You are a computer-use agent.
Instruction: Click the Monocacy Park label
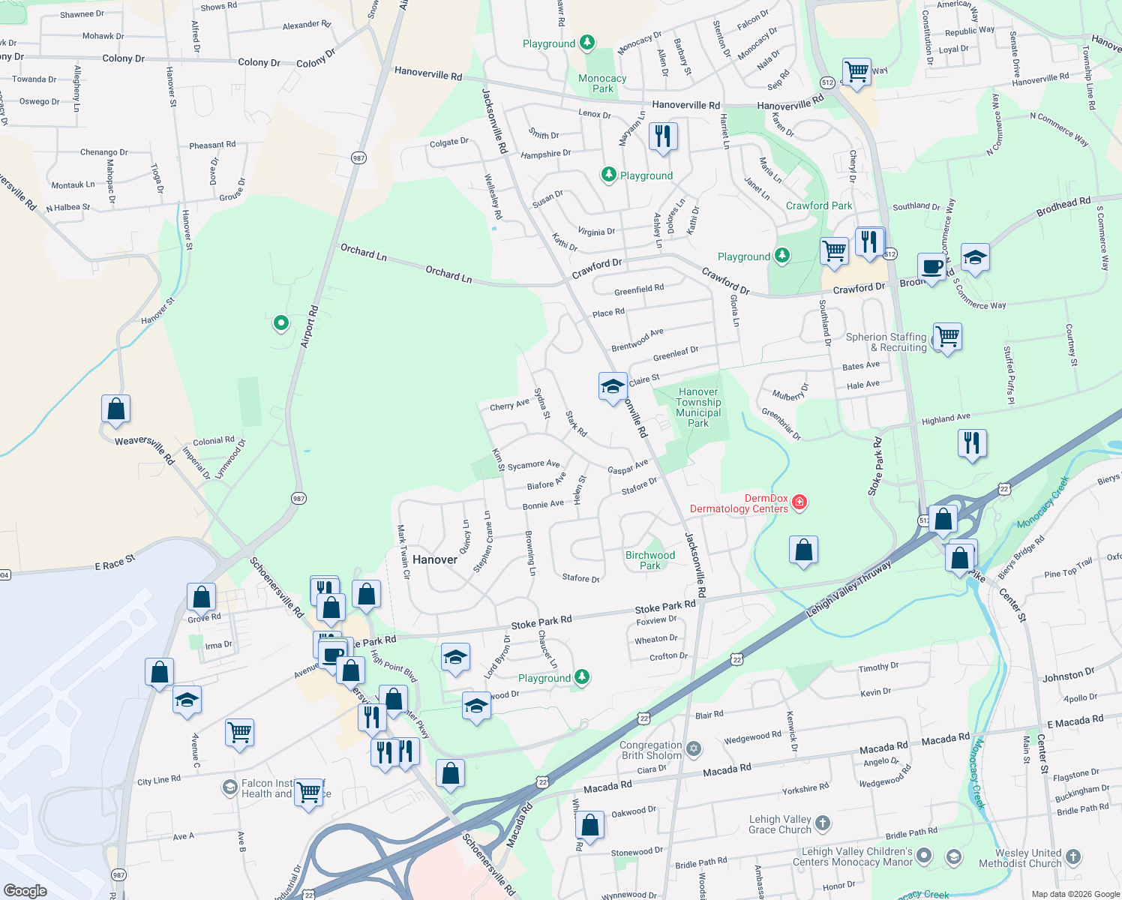pyautogui.click(x=602, y=83)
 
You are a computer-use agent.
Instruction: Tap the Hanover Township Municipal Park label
pyautogui.click(x=698, y=407)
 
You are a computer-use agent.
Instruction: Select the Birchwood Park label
pyautogui.click(x=650, y=560)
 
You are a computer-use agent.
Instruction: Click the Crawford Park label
pyautogui.click(x=819, y=205)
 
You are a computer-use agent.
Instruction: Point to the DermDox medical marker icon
pyautogui.click(x=799, y=502)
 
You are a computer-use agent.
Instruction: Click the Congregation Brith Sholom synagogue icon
pyautogui.click(x=694, y=748)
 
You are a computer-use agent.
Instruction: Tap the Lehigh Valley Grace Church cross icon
pyautogui.click(x=823, y=823)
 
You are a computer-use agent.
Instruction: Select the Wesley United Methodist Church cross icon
pyautogui.click(x=1073, y=856)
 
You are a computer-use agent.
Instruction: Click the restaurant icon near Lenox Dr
pyautogui.click(x=662, y=136)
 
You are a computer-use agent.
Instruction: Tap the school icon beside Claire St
pyautogui.click(x=613, y=387)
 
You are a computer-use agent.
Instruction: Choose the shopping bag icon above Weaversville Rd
pyautogui.click(x=116, y=409)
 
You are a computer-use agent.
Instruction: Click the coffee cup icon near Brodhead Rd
pyautogui.click(x=932, y=267)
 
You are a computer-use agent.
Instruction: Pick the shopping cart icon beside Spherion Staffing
pyautogui.click(x=948, y=337)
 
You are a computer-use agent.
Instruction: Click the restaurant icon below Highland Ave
pyautogui.click(x=972, y=443)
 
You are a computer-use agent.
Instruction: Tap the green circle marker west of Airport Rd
pyautogui.click(x=281, y=323)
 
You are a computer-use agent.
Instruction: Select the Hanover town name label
pyautogui.click(x=435, y=559)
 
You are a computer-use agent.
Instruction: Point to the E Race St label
pyautogui.click(x=115, y=562)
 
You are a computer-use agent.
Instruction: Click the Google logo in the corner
pyautogui.click(x=25, y=890)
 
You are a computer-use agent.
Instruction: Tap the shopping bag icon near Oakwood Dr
pyautogui.click(x=590, y=825)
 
